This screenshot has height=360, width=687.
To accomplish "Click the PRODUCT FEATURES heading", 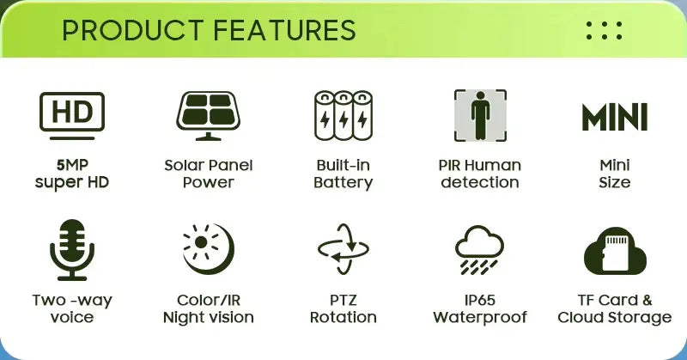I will (x=209, y=30).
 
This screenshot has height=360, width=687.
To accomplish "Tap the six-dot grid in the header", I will (x=604, y=30).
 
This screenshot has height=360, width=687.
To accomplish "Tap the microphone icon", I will (x=72, y=249).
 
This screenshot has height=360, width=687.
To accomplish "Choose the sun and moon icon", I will (x=208, y=249).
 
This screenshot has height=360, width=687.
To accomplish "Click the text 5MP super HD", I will (x=72, y=174).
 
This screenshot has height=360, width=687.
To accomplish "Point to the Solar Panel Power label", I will (x=208, y=174).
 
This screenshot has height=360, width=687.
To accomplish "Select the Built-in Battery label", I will (x=343, y=174).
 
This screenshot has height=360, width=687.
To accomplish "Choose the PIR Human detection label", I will (x=480, y=174).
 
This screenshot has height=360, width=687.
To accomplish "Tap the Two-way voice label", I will (x=72, y=308).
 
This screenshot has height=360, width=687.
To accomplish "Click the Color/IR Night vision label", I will (x=208, y=308).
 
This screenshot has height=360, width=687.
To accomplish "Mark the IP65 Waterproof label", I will (x=480, y=308).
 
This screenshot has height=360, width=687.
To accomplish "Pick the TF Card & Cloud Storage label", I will (x=614, y=308).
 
